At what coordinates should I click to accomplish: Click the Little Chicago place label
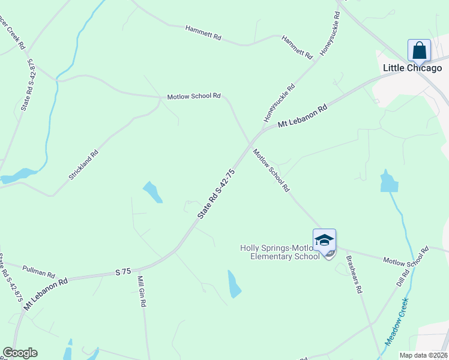pyautogui.click(x=412, y=68)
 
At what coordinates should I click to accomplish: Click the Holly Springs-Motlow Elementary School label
pyautogui.click(x=280, y=252)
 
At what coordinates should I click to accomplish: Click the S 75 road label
pyautogui.click(x=123, y=272)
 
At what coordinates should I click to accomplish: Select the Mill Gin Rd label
pyautogui.click(x=142, y=292)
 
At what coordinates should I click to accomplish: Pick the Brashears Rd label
pyautogui.click(x=354, y=274)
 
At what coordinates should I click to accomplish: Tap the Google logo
pyautogui.click(x=20, y=353)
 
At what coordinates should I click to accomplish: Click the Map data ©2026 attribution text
pyautogui.click(x=423, y=355)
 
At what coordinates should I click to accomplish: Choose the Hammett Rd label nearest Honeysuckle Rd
pyautogui.click(x=298, y=46)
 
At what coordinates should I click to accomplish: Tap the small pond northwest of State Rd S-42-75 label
pyautogui.click(x=152, y=193)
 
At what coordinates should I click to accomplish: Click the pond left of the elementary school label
pyautogui.click(x=234, y=284)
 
